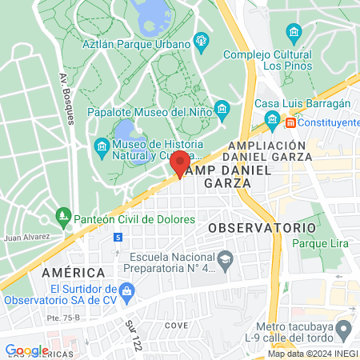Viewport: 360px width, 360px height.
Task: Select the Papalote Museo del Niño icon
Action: (222, 109)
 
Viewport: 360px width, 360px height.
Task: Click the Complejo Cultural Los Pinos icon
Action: (294, 33)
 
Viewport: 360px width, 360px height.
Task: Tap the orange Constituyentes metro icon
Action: (290, 122)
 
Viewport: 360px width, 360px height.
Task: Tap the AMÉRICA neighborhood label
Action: (74, 273)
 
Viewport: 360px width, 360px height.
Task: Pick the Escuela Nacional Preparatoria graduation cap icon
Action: (226, 258)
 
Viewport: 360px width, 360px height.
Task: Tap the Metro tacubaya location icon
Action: (344, 329)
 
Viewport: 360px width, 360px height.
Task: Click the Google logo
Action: (26, 350)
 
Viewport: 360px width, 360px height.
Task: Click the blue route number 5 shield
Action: (118, 238)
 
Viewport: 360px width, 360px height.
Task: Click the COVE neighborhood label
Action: (175, 326)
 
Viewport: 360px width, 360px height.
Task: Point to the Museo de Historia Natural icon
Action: (102, 146)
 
